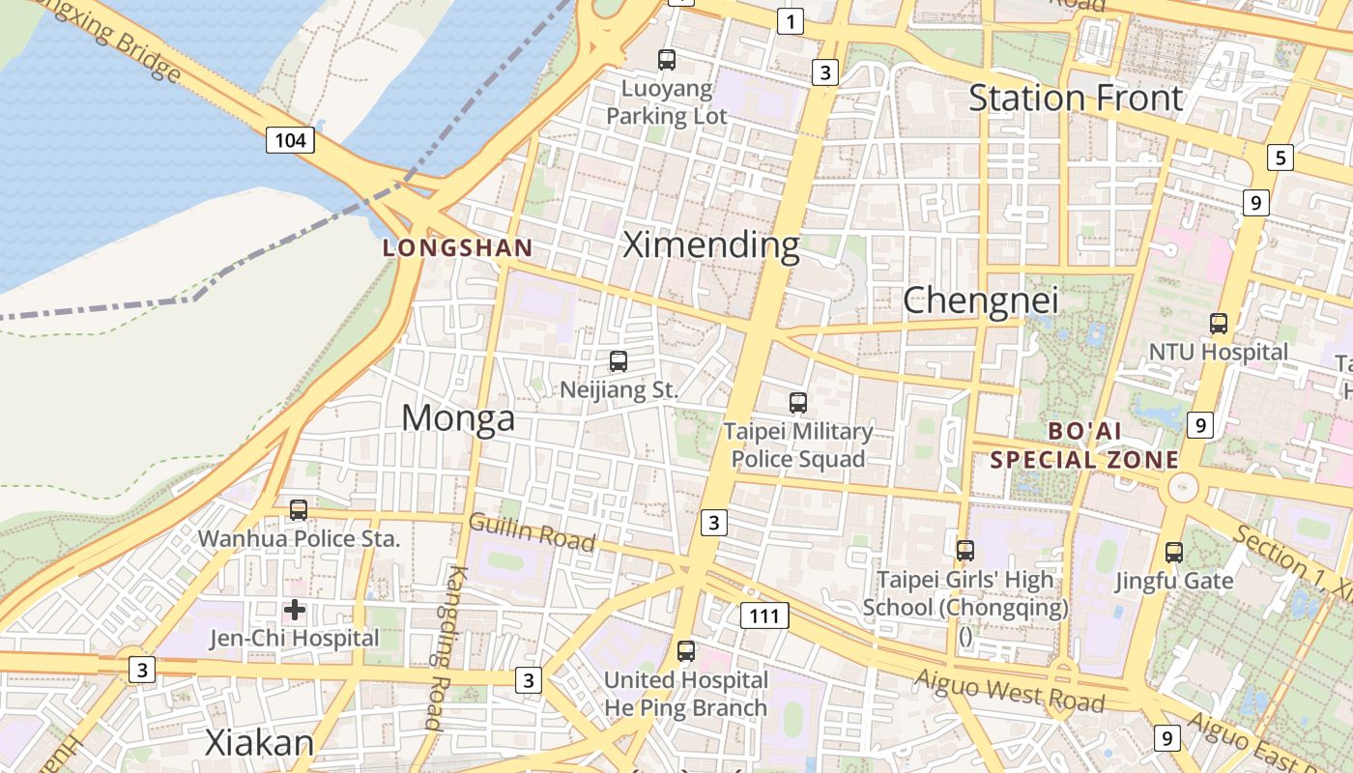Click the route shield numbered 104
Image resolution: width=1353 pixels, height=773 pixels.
(290, 141)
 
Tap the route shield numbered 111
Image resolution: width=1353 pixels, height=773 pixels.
(764, 616)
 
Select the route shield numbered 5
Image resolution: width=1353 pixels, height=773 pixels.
(1281, 157)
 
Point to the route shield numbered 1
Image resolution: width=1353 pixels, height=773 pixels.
(791, 21)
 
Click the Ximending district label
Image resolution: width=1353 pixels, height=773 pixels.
(711, 245)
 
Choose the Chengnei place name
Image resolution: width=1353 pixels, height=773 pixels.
(980, 301)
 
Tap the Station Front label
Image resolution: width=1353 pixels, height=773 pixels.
(1076, 98)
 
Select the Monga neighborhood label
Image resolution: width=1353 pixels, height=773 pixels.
(458, 418)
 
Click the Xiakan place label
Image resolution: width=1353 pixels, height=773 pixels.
(260, 743)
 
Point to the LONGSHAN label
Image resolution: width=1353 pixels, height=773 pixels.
(458, 248)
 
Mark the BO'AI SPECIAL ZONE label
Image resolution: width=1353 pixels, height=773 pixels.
(1084, 445)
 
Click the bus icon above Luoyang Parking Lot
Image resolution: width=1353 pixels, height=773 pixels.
(667, 60)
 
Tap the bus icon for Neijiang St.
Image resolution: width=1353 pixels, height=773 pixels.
(619, 362)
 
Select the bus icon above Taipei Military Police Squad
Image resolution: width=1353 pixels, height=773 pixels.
(798, 403)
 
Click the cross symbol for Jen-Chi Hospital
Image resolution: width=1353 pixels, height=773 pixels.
(295, 610)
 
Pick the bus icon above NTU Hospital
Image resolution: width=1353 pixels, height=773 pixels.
(1219, 324)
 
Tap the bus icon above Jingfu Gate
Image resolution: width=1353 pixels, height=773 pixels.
(1174, 553)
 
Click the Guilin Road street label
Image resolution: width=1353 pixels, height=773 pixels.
(532, 532)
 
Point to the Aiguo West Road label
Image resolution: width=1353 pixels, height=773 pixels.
(1009, 689)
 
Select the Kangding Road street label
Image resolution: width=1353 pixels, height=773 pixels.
(446, 647)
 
